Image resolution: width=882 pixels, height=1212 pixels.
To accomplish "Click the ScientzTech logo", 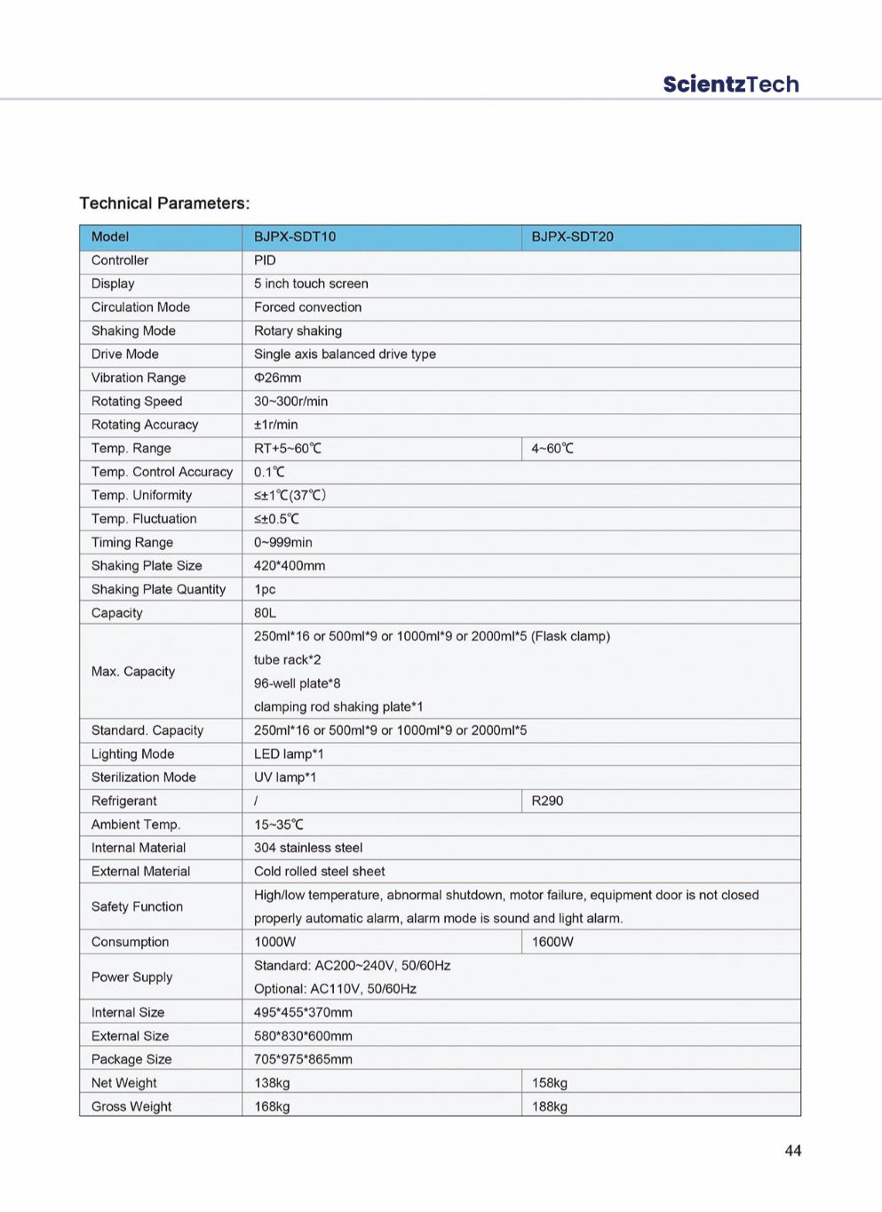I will point(730,84).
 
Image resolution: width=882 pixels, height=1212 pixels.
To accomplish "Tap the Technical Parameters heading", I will point(164,203).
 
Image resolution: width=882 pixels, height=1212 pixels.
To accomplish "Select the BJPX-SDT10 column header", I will point(295,237).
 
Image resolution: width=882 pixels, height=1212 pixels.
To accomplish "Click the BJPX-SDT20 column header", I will point(572,237).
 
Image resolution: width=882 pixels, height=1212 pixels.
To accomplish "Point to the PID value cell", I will point(265,260).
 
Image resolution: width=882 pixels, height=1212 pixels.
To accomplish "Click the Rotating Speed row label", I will point(137,402).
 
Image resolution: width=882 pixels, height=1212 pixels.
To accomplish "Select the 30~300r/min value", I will point(290,402).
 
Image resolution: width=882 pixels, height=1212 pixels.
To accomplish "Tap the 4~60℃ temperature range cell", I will point(552,449).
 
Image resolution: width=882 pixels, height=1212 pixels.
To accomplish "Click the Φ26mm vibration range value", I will point(277,378).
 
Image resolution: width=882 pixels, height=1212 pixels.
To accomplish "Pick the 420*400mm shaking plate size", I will point(290,566).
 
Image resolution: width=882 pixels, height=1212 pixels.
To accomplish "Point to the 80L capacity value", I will point(265,613).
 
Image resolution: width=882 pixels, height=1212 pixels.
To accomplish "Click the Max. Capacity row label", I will point(133,672).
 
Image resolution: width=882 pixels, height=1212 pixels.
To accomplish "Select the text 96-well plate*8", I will point(297,683).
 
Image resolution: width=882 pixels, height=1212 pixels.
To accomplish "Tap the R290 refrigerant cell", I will point(547,801).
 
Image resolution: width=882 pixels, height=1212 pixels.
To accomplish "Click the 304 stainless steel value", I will point(308,848).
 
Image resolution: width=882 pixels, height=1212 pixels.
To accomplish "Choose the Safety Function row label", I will point(137,906).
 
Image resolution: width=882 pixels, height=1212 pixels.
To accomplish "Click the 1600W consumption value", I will point(552,942).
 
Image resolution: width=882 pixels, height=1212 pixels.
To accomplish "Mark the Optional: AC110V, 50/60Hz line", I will point(335,989).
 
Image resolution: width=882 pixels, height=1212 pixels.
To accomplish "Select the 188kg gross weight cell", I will point(549,1107).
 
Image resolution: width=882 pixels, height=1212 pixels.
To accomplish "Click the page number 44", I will point(792,1151).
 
